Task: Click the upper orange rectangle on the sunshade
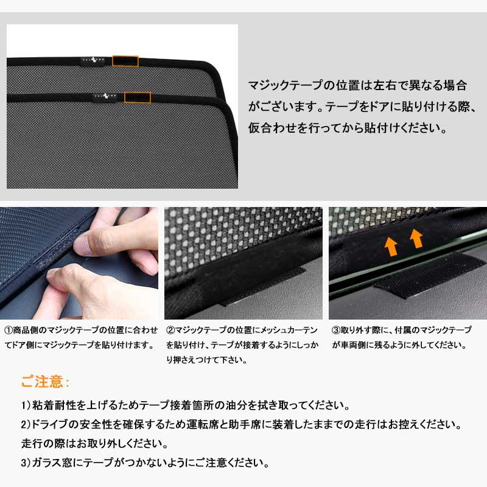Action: coord(126,61)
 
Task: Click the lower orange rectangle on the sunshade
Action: coord(138,97)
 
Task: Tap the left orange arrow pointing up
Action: coord(391,245)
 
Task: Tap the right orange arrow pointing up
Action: coord(416,239)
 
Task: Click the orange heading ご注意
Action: coord(45,382)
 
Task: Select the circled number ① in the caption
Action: coord(9,330)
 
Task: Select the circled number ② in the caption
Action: coord(170,330)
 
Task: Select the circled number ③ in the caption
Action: coord(336,330)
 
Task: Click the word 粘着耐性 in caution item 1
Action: coord(55,405)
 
